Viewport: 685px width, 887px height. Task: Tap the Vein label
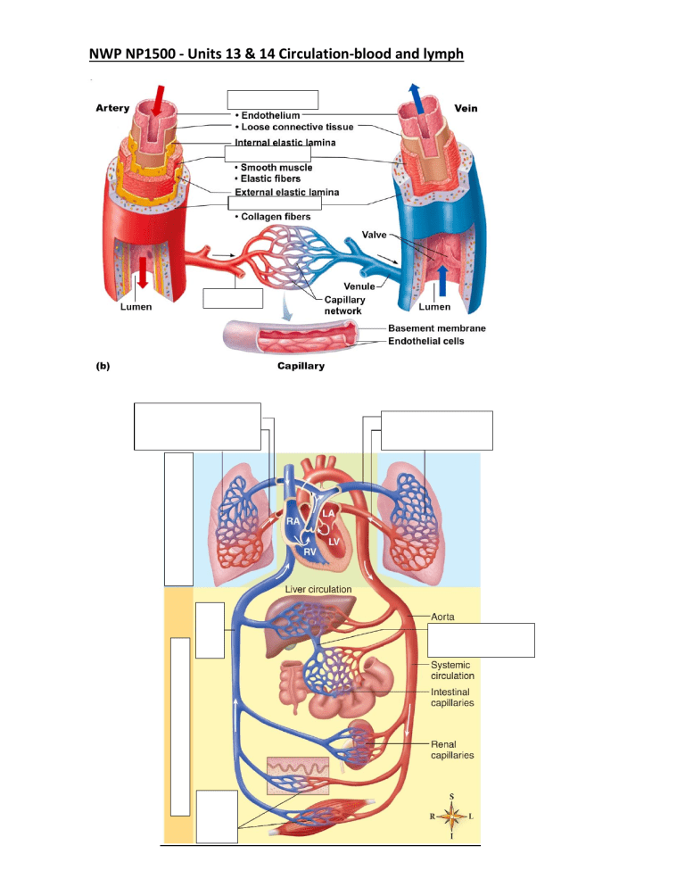[466, 108]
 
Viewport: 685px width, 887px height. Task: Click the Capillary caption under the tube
[300, 366]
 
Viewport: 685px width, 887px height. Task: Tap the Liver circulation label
[318, 590]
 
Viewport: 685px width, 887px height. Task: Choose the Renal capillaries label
[452, 749]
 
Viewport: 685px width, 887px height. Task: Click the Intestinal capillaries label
[452, 697]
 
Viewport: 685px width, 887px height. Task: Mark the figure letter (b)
[106, 366]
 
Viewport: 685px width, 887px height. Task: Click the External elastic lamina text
[285, 193]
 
